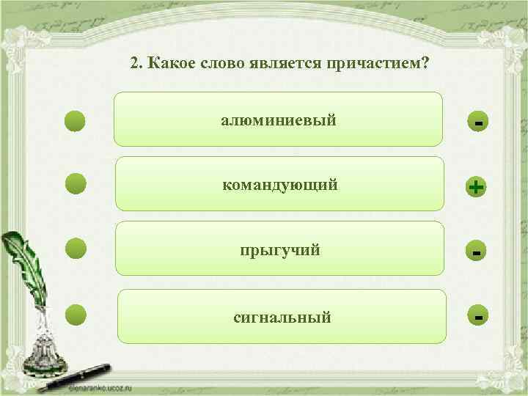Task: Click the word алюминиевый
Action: pos(279,120)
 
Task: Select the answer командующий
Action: pos(280,184)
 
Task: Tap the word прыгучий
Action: pos(280,250)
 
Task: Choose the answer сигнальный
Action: pos(282,318)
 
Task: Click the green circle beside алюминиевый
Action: pos(76,120)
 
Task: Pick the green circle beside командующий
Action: pos(76,184)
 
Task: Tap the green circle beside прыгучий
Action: pos(76,249)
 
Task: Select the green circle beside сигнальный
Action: pos(76,315)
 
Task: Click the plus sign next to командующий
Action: pos(477,188)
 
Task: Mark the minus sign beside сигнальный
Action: pos(478,318)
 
